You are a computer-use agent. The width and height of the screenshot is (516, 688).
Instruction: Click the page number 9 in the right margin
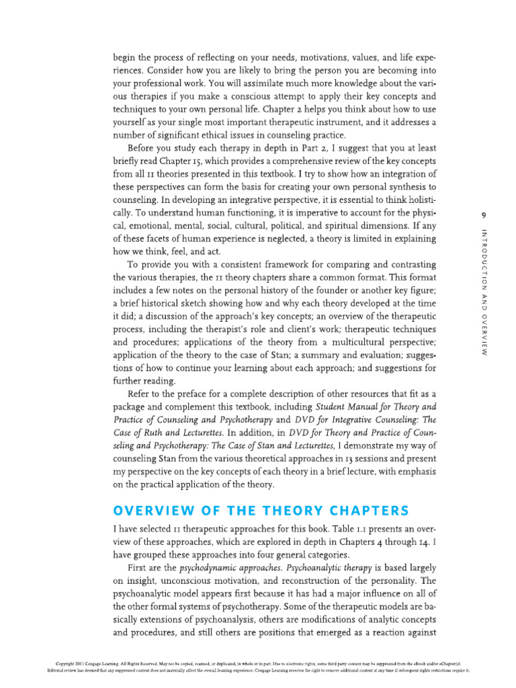(484, 215)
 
